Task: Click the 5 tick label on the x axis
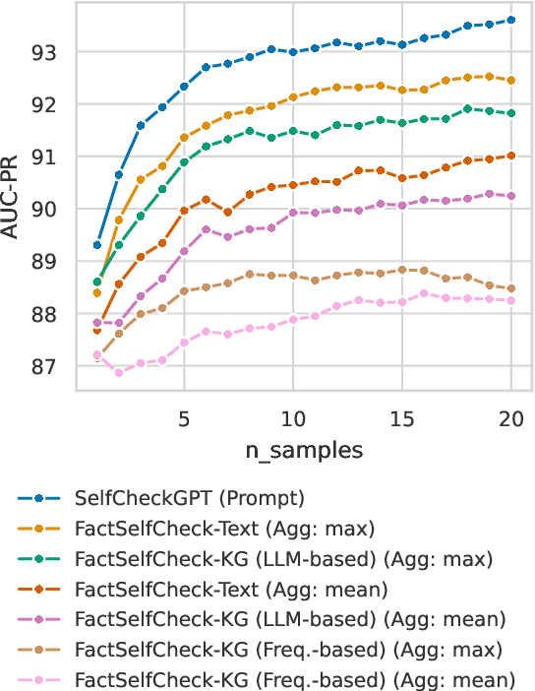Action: point(184,417)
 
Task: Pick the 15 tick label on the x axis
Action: point(401,417)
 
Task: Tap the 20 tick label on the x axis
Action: point(510,417)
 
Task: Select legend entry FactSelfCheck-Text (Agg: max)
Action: point(225,530)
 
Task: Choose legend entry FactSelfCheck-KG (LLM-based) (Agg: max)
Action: point(276,559)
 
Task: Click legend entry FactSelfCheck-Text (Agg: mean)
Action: point(231,590)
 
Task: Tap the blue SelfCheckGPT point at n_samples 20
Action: point(511,20)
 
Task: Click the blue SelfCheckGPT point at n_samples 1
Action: point(97,244)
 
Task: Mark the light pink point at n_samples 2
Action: point(119,372)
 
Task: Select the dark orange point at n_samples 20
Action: point(511,155)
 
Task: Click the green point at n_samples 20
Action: point(511,113)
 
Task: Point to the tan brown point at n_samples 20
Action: point(511,288)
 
